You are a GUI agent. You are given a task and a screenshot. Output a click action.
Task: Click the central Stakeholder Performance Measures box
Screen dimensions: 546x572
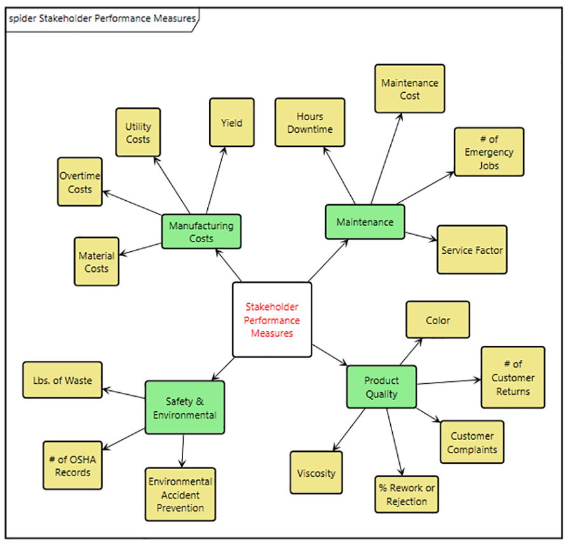click(x=272, y=320)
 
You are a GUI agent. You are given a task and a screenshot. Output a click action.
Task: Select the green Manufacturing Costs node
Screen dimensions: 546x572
click(x=201, y=231)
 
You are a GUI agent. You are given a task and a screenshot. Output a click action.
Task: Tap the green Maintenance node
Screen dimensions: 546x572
click(x=364, y=222)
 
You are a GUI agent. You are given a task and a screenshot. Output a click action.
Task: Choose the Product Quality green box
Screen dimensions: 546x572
click(x=381, y=386)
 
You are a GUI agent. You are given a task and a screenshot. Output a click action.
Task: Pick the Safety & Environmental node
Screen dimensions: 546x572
click(x=184, y=407)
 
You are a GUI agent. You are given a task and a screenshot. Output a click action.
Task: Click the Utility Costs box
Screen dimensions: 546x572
click(x=138, y=132)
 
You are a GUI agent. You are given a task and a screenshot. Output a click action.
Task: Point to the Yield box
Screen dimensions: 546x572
click(x=231, y=123)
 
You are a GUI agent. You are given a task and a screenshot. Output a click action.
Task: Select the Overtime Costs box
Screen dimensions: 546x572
click(x=79, y=182)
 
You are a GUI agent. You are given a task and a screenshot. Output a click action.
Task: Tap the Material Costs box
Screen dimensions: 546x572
click(x=96, y=262)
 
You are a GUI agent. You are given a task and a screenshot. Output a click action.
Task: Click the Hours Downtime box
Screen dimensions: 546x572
click(x=310, y=122)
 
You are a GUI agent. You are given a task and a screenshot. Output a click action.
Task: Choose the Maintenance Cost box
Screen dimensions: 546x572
click(x=409, y=89)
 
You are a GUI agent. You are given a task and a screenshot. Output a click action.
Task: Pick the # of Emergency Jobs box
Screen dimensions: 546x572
click(x=489, y=152)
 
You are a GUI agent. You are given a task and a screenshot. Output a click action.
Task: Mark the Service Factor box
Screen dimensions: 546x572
click(x=472, y=250)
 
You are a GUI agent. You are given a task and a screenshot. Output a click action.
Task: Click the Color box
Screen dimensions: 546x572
click(x=437, y=320)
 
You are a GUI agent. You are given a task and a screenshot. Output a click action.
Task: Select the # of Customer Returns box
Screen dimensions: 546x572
click(x=512, y=377)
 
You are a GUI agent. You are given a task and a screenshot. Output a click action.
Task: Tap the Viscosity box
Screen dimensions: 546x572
click(x=316, y=472)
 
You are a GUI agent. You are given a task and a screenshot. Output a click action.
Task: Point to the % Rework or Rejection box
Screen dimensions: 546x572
click(x=407, y=495)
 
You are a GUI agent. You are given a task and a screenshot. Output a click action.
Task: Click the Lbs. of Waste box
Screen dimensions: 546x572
click(x=62, y=380)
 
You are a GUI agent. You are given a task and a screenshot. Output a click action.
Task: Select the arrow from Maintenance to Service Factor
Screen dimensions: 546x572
click(x=421, y=236)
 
